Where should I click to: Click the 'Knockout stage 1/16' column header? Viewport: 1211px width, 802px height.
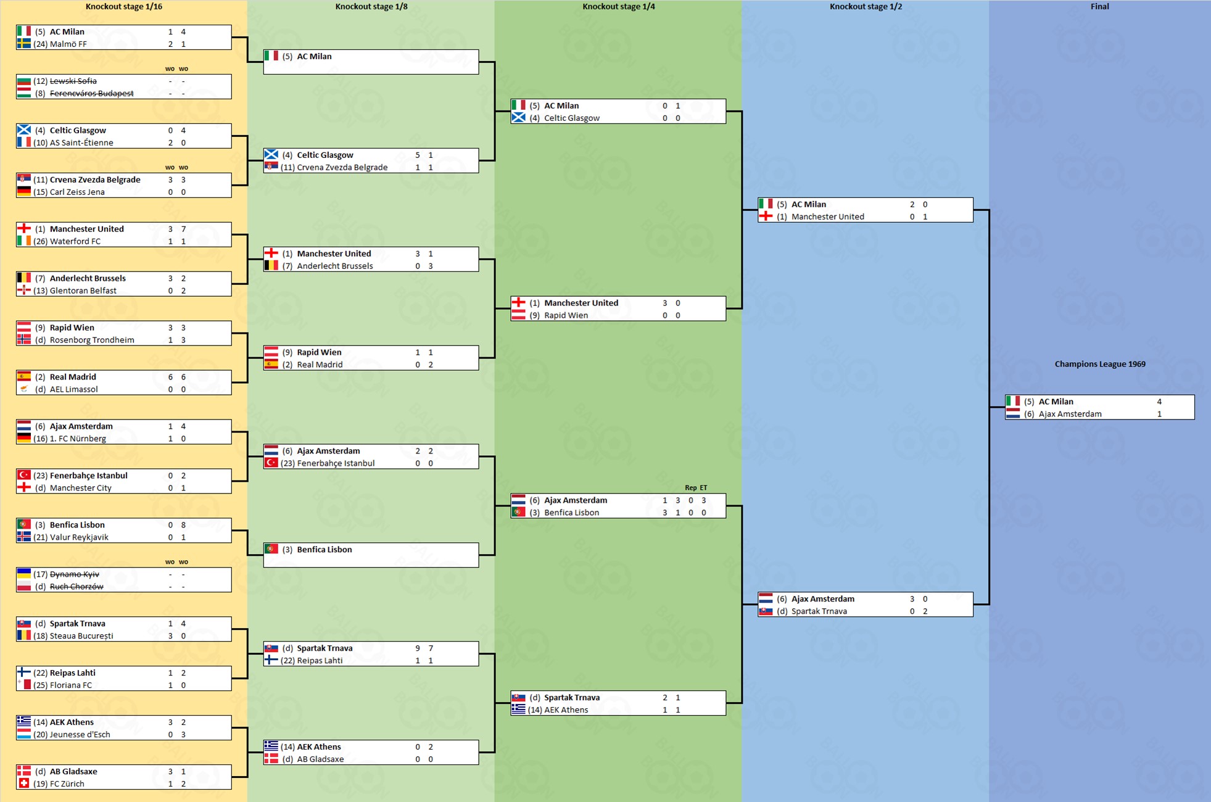(x=123, y=7)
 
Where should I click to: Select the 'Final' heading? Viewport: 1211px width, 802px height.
(x=1099, y=7)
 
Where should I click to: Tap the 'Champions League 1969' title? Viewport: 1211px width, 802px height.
(x=1099, y=364)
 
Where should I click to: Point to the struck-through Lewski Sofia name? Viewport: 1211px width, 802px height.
(x=73, y=81)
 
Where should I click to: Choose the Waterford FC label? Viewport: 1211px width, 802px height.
(x=75, y=241)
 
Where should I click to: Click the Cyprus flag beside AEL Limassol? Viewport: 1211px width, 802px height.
(x=23, y=389)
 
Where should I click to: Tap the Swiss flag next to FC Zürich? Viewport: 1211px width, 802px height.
(x=23, y=783)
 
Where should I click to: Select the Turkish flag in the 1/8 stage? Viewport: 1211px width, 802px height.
(x=271, y=463)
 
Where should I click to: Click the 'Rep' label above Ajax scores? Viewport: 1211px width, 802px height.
(x=690, y=487)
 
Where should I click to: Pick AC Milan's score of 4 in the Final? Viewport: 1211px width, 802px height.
(x=1159, y=402)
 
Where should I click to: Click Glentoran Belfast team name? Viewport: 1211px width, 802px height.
(x=83, y=291)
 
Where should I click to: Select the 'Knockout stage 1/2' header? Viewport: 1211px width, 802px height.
(x=865, y=7)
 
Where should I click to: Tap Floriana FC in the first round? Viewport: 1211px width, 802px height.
(x=70, y=685)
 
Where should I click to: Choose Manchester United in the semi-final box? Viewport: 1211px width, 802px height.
(x=827, y=217)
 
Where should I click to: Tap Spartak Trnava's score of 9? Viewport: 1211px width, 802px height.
(x=418, y=648)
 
